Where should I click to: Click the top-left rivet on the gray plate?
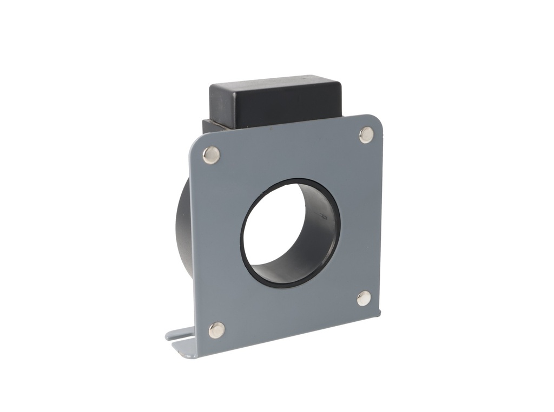click(211, 155)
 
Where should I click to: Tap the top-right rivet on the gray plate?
click(366, 135)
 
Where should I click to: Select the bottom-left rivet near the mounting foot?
click(217, 330)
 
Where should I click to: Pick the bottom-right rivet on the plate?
click(364, 298)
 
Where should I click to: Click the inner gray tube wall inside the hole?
click(314, 227)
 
